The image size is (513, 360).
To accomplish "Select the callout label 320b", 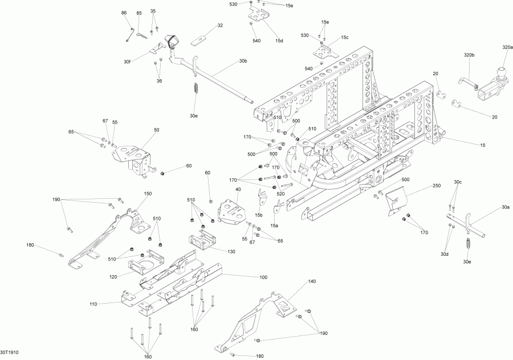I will tap(469, 55).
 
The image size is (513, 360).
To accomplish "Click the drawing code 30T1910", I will tap(10, 354).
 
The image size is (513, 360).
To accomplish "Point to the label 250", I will tap(437, 186).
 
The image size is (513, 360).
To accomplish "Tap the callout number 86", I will tap(124, 13).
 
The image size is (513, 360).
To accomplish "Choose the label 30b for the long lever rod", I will tap(243, 60).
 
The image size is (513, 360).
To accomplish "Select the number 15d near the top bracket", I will tap(279, 40).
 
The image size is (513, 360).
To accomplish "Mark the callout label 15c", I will tap(344, 37).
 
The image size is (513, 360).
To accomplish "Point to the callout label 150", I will tap(148, 194).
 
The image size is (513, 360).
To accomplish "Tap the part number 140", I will tap(312, 281).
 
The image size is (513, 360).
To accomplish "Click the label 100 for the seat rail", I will tap(263, 277).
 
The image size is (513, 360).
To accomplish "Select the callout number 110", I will tap(94, 304).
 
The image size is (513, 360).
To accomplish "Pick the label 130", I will tap(231, 251).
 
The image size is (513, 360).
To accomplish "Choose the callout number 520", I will tap(280, 194).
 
